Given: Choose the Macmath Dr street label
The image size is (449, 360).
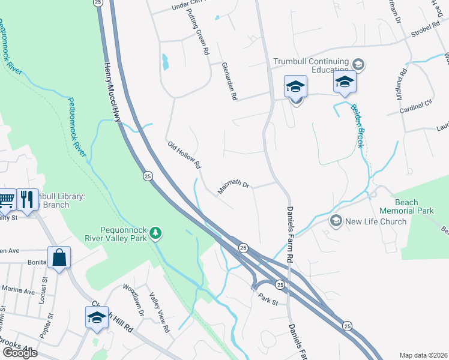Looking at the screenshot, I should point(233,188).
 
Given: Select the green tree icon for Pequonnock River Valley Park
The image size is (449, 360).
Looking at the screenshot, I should point(155,232).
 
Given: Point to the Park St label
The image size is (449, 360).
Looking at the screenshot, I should point(268,298).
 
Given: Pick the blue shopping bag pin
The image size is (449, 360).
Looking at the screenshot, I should point(60,259).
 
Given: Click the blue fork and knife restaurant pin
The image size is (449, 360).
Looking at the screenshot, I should point(27,199).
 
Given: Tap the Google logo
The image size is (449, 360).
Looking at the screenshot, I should point(20,353).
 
